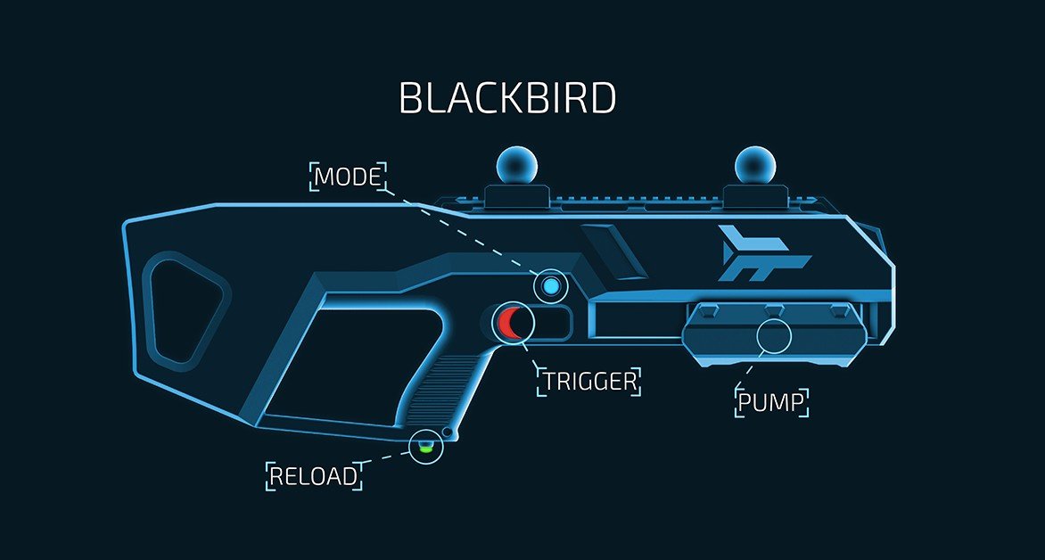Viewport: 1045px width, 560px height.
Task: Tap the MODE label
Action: (349, 176)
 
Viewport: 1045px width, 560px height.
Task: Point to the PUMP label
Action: (772, 403)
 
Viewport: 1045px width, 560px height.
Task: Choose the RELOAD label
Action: (314, 475)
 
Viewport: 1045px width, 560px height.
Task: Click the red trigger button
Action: (513, 323)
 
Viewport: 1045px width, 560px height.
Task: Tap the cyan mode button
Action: (550, 286)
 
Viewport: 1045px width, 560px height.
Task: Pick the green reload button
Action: (425, 446)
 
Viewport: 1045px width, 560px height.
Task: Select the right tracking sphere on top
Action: (753, 165)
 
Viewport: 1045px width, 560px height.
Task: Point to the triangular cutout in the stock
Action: (183, 308)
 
